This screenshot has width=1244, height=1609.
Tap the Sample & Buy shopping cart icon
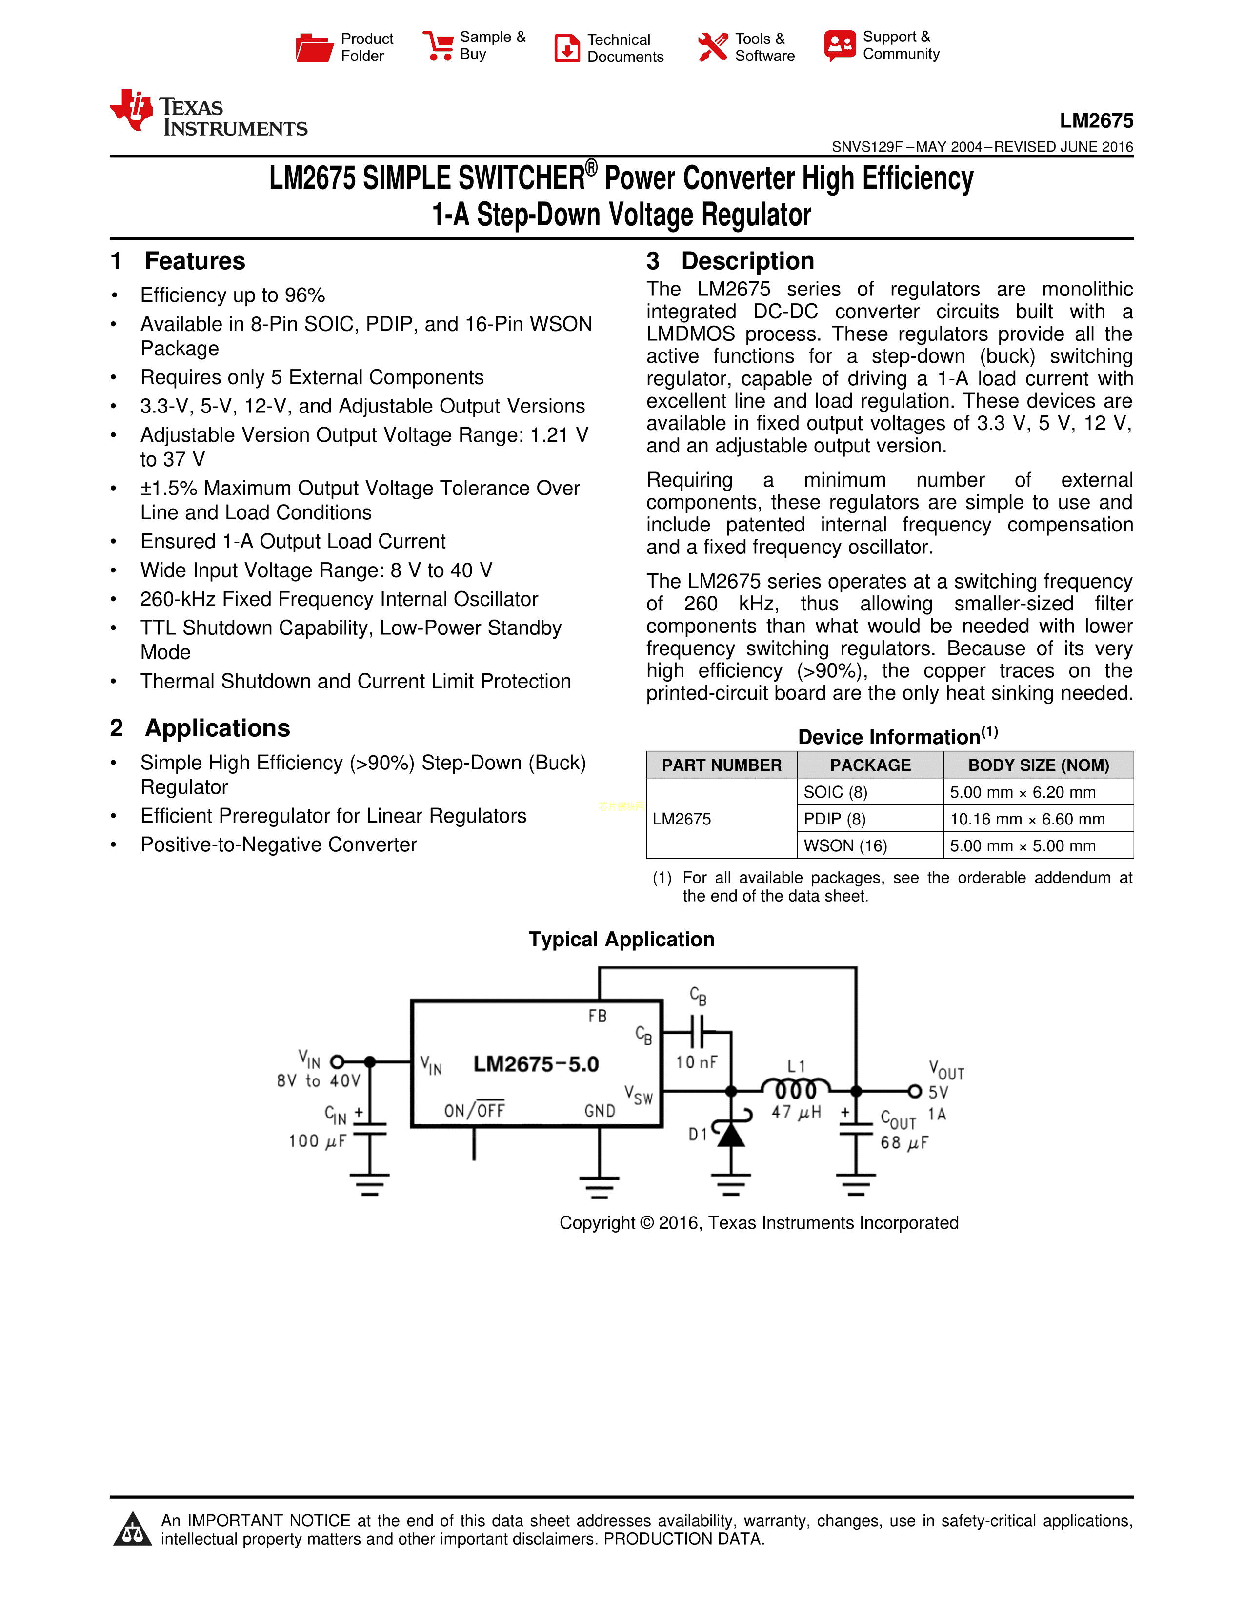point(438,46)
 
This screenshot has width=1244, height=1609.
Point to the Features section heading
point(195,261)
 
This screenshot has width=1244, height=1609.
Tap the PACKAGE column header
point(870,765)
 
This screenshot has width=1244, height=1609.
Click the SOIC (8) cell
point(835,792)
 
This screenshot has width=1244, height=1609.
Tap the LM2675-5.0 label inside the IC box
point(536,1064)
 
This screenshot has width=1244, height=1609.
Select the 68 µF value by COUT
point(904,1143)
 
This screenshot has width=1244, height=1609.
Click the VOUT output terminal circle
point(914,1091)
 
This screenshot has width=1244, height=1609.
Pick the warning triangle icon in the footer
point(133,1530)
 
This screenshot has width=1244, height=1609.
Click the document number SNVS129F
point(867,147)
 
